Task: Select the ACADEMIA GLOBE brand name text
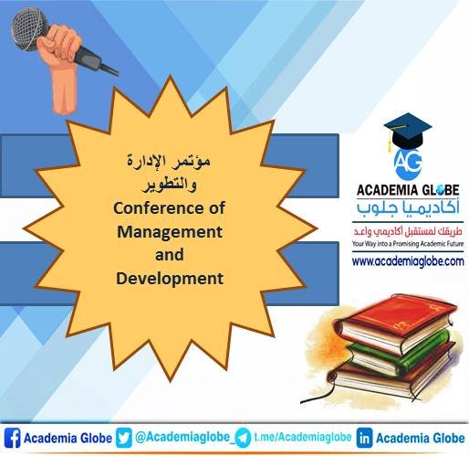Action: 404,190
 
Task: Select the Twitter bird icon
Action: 126,438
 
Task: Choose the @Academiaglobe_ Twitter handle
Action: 182,438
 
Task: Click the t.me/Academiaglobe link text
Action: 301,438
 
